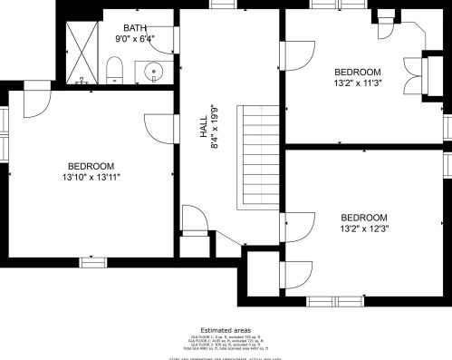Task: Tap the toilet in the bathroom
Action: click(x=115, y=69)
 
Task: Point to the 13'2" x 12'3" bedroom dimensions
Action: click(x=364, y=229)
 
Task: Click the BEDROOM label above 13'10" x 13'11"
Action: click(x=91, y=165)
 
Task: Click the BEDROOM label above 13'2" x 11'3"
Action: click(x=358, y=72)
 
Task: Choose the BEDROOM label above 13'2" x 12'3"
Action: click(x=364, y=218)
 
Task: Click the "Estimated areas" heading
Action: click(x=226, y=330)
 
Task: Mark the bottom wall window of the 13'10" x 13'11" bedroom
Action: click(x=93, y=262)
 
